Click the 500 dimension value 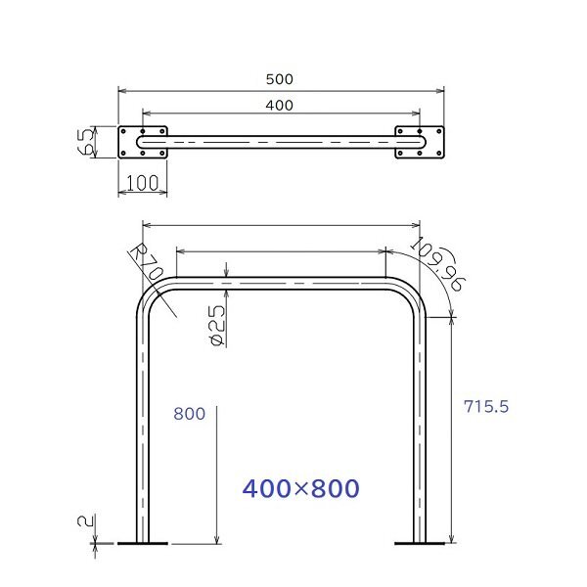coord(279,79)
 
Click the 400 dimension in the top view coord(279,106)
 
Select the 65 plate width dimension coord(86,142)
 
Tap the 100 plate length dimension coord(143,183)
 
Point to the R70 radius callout coord(148,263)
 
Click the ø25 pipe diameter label coord(217,325)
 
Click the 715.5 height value coord(486,406)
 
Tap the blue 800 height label coord(189,414)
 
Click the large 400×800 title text coord(301,488)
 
